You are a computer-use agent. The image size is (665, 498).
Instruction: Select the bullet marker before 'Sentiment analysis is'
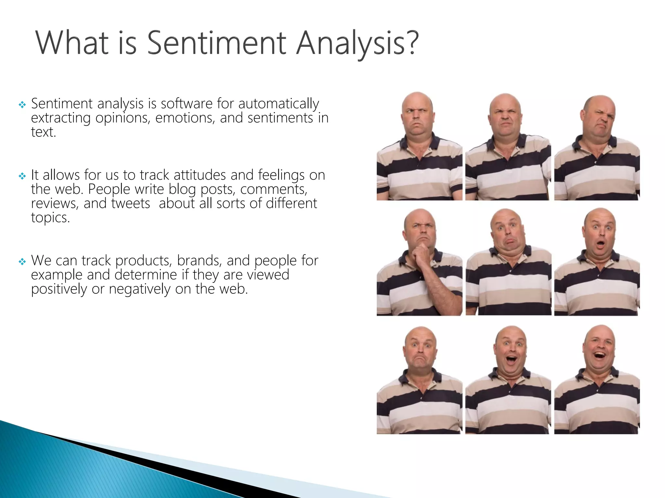pyautogui.click(x=22, y=105)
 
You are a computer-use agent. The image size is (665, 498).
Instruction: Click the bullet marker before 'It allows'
pyautogui.click(x=22, y=176)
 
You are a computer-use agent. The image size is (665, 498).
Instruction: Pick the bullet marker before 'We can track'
pyautogui.click(x=22, y=262)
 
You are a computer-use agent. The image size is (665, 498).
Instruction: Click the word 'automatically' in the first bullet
pyautogui.click(x=279, y=104)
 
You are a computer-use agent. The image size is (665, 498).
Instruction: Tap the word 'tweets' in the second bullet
pyautogui.click(x=131, y=204)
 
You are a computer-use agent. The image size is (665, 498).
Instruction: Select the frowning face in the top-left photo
pyautogui.click(x=418, y=117)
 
